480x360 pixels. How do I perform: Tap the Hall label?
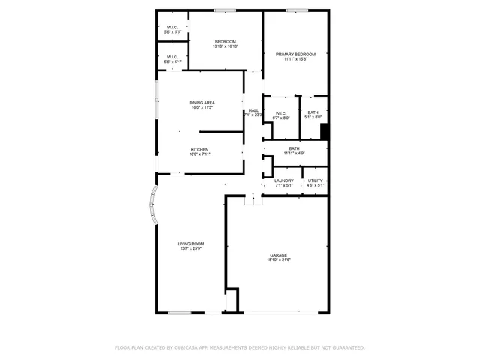pos(253,111)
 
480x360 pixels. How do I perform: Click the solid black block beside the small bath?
pos(325,131)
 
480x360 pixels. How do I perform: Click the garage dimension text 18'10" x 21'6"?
pos(279,260)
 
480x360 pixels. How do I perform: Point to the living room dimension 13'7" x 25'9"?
pos(191,249)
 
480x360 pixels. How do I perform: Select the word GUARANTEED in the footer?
pos(346,347)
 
